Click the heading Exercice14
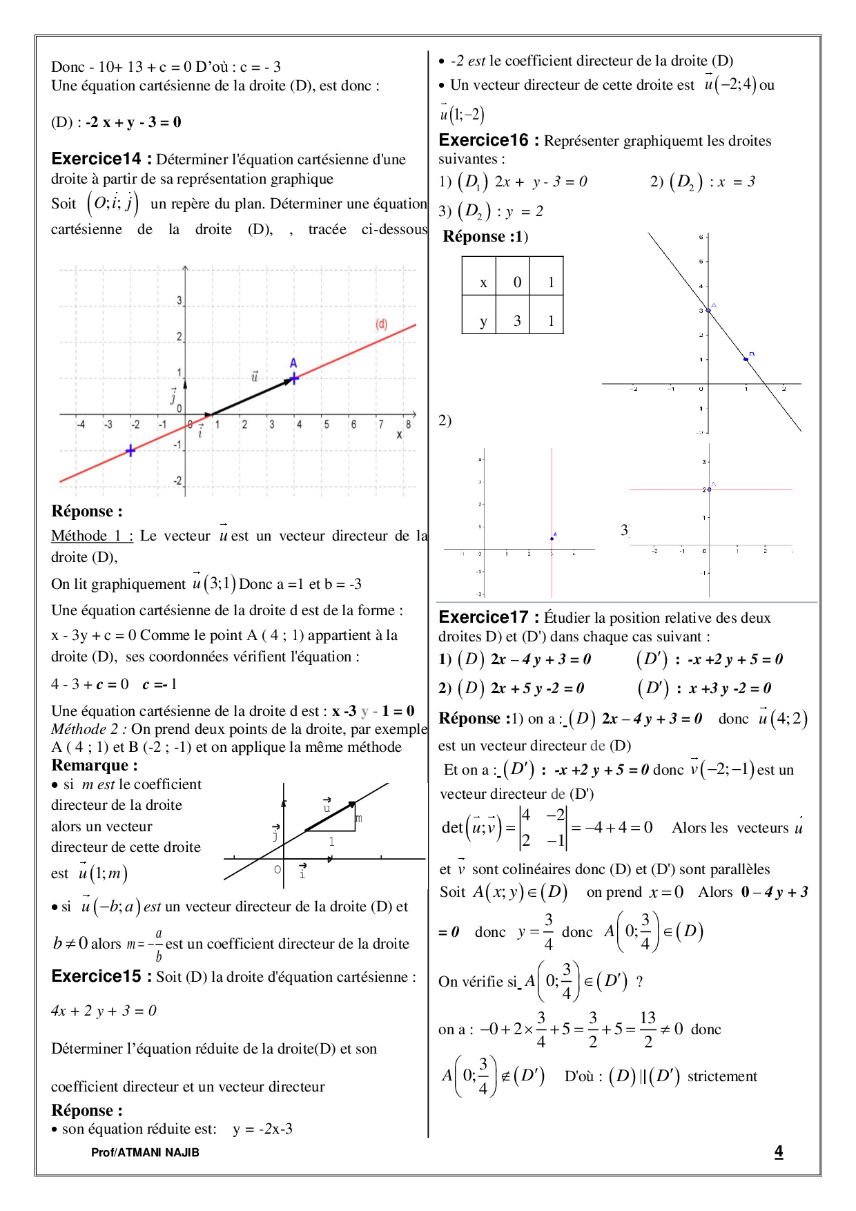[96, 159]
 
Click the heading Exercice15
[96, 976]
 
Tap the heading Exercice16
[483, 140]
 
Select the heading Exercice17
[483, 617]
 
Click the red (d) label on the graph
[381, 324]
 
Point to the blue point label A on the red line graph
[293, 363]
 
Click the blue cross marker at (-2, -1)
[130, 451]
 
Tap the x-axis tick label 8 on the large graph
[408, 425]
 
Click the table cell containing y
[483, 321]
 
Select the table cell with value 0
[517, 282]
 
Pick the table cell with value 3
[517, 321]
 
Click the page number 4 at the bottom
[779, 1151]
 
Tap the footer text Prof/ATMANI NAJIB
[145, 1152]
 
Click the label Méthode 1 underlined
[92, 536]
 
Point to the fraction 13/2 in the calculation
[648, 1029]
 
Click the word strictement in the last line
[722, 1076]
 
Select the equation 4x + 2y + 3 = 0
[104, 1011]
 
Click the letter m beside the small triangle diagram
[359, 818]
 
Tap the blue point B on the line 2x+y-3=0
[746, 359]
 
